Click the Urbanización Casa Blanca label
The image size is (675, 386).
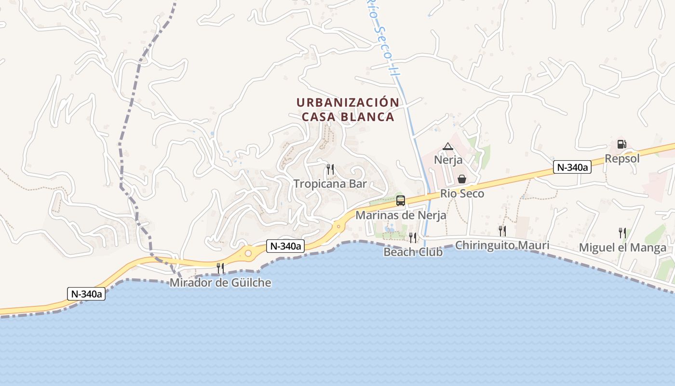(x=348, y=110)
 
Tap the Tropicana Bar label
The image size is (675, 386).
(x=330, y=184)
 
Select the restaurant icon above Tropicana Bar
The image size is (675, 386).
(x=330, y=169)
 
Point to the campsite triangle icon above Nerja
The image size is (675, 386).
(x=448, y=146)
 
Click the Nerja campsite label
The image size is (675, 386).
(x=448, y=160)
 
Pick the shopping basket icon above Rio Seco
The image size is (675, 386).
(x=462, y=179)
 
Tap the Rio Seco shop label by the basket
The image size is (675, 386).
(x=462, y=193)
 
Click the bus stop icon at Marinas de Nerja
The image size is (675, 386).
(x=400, y=201)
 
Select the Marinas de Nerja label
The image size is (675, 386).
(x=401, y=215)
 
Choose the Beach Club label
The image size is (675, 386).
(x=413, y=252)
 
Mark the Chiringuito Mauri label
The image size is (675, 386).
(x=502, y=245)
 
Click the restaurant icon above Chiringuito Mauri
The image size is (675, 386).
(x=502, y=231)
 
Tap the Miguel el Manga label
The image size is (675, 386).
(x=622, y=248)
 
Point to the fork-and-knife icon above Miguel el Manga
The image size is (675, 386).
(x=622, y=233)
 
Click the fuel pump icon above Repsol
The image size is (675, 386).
(x=621, y=144)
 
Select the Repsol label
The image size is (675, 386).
(x=622, y=159)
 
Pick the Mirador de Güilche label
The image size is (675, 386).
(x=220, y=283)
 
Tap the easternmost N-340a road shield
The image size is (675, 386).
(x=572, y=167)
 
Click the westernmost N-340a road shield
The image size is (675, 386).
(x=86, y=294)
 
